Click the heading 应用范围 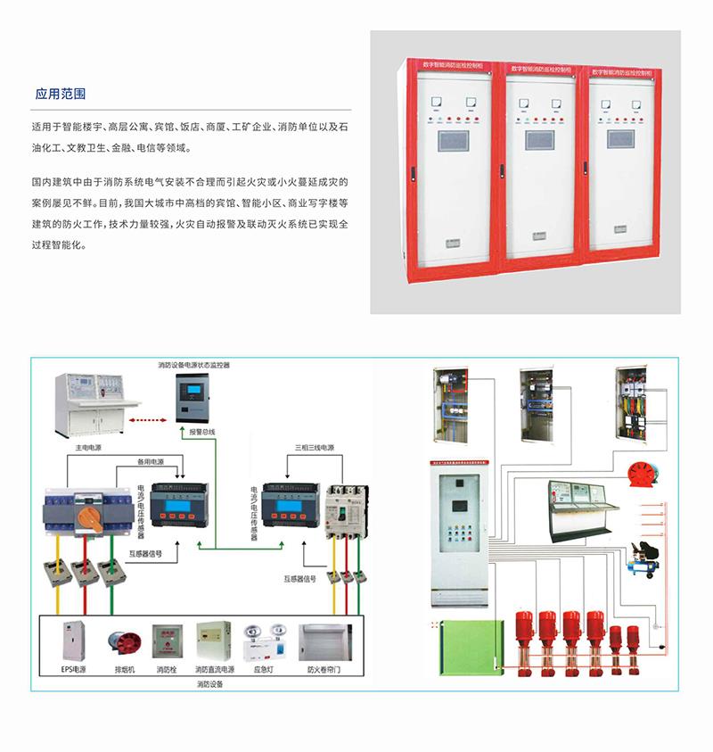60,93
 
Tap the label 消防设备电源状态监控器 193,365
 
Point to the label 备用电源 151,461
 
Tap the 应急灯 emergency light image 262,643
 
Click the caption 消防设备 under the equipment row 209,684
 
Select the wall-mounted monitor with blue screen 193,395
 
